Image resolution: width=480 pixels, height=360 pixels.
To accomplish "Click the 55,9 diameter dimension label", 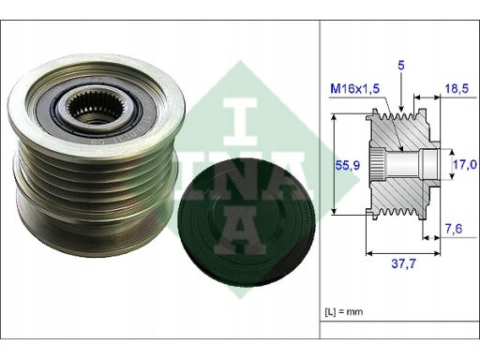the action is [347, 165].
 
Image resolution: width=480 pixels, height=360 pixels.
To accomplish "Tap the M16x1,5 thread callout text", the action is [354, 89].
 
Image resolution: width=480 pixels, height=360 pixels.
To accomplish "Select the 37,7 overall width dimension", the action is [403, 263].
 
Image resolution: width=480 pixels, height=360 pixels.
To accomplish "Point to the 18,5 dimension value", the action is [457, 89].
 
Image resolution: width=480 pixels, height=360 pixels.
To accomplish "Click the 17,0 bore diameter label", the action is [465, 164].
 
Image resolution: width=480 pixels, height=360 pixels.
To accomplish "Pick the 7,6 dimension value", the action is [454, 229].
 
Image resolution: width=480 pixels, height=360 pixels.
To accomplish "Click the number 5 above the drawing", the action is [401, 66].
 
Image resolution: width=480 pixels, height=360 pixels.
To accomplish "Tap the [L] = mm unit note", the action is [344, 311].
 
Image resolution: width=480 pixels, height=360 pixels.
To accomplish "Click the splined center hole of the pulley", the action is [97, 108].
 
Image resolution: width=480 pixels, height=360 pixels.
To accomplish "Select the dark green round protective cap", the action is [247, 223].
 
